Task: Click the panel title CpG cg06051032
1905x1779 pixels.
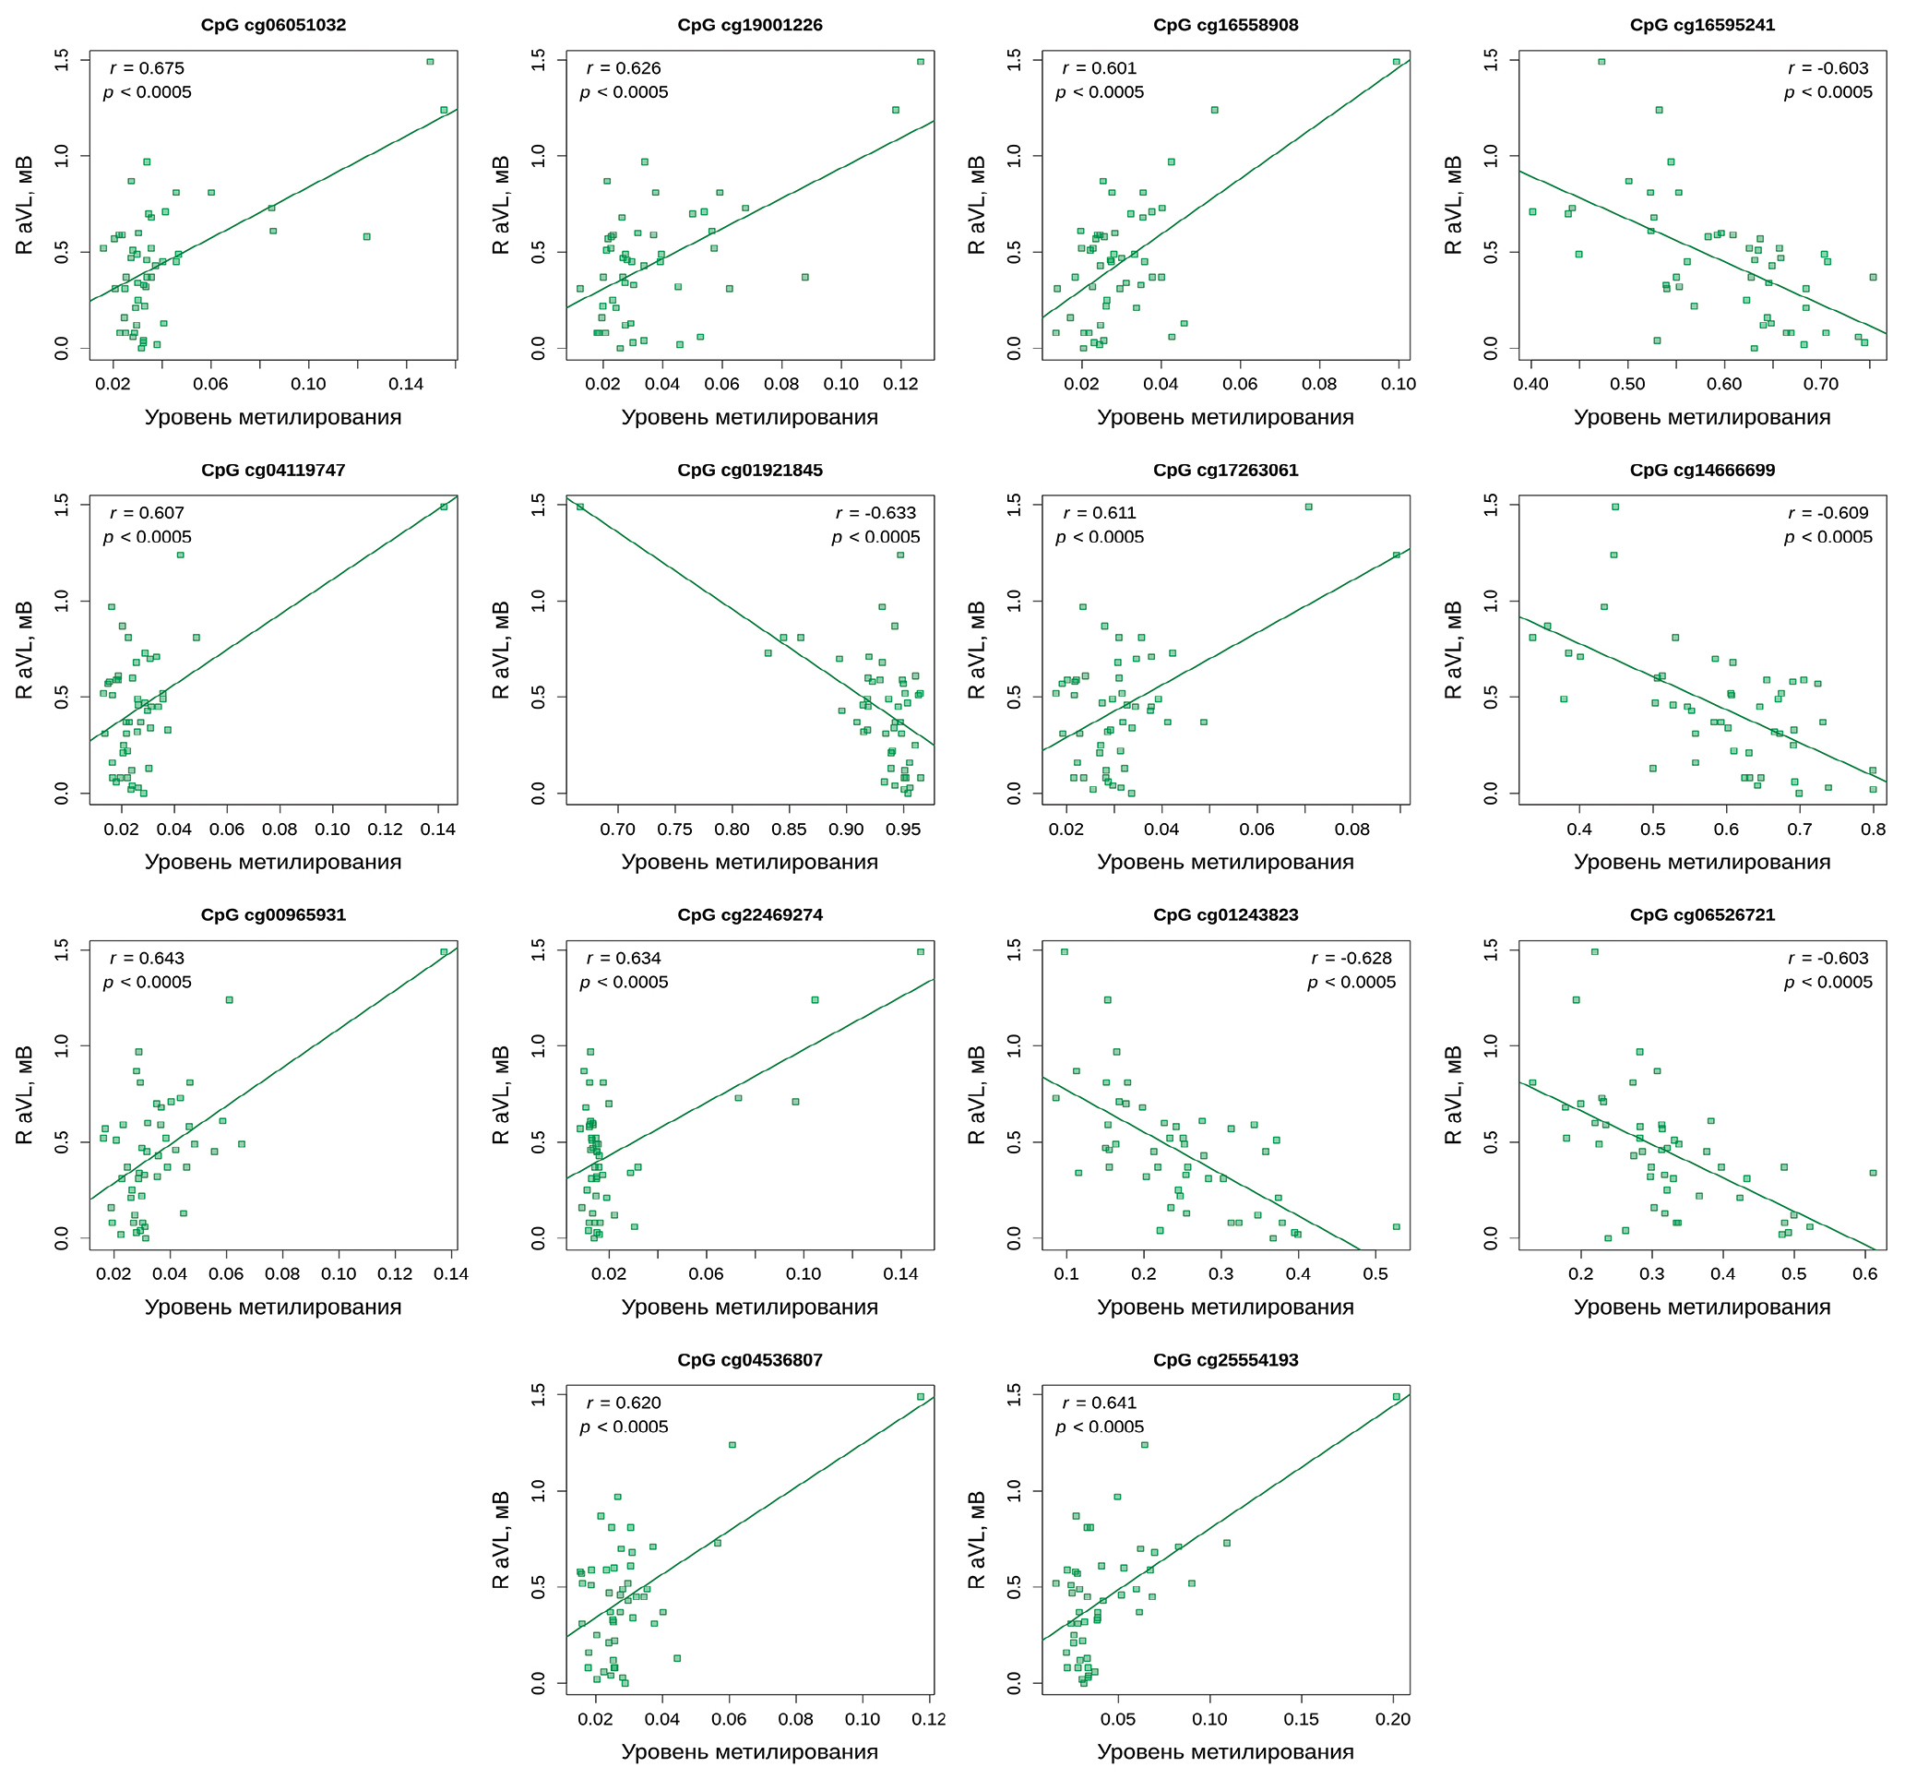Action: coord(273,25)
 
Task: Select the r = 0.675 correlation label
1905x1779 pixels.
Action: coord(147,68)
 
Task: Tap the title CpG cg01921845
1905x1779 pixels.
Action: coord(749,470)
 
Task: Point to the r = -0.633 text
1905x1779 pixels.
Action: coord(875,513)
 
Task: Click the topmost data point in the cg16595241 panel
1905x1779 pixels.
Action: coord(1601,61)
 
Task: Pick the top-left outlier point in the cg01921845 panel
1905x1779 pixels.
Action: coord(579,506)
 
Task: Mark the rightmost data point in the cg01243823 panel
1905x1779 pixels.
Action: coord(1396,1227)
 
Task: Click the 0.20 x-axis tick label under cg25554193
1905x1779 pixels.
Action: coord(1392,1719)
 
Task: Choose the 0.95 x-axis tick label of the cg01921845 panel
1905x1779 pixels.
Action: coord(902,829)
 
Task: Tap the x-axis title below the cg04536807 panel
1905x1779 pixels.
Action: coord(749,1751)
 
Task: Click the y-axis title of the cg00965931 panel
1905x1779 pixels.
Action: coord(24,1094)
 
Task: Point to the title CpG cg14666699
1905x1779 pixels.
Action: coord(1702,470)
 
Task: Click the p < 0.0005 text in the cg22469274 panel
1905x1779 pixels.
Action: coord(624,982)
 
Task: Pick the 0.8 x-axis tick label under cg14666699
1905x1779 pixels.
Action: coord(1873,829)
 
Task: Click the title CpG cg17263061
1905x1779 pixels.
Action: coord(1226,470)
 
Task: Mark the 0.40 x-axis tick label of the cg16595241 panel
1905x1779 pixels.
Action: coord(1530,384)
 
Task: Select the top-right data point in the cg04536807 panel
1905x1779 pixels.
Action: coord(921,1397)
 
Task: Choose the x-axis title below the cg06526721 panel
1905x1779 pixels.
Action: coord(1702,1307)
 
